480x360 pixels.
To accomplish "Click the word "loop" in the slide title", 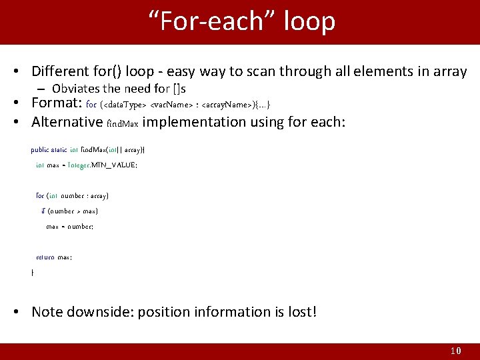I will coord(309,21).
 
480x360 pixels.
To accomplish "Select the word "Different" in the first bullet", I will coord(61,71).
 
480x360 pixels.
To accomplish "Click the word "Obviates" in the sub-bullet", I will coord(75,89).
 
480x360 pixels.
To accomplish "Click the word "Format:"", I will coord(57,104).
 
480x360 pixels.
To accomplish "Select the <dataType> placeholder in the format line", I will coord(125,105).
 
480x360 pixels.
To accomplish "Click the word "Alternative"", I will coord(67,122).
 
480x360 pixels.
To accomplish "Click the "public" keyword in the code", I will coord(39,150).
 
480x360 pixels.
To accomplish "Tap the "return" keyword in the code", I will coord(45,257).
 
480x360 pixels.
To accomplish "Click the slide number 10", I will coord(455,351).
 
